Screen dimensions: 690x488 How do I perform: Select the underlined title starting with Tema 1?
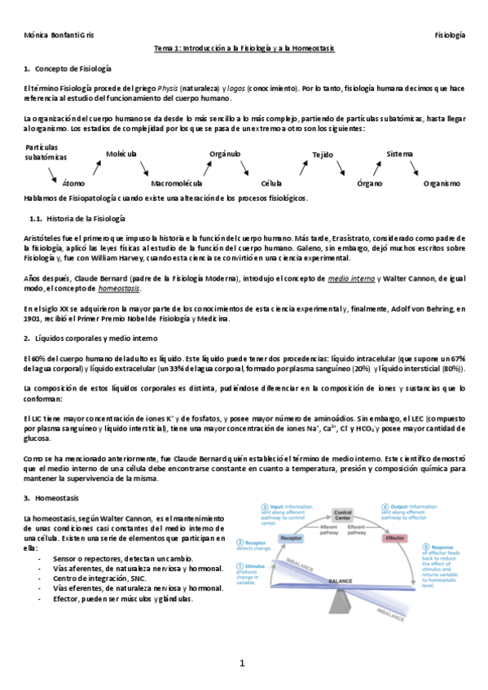click(x=244, y=49)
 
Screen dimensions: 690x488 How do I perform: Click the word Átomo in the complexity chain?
click(x=73, y=184)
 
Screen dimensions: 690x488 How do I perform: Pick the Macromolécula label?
click(x=176, y=184)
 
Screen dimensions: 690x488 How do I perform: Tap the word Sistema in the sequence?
click(x=400, y=154)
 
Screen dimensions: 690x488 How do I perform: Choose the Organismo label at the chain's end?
click(x=442, y=184)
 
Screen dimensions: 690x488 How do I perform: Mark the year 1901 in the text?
click(x=34, y=319)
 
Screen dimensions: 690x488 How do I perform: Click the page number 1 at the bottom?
click(x=242, y=663)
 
